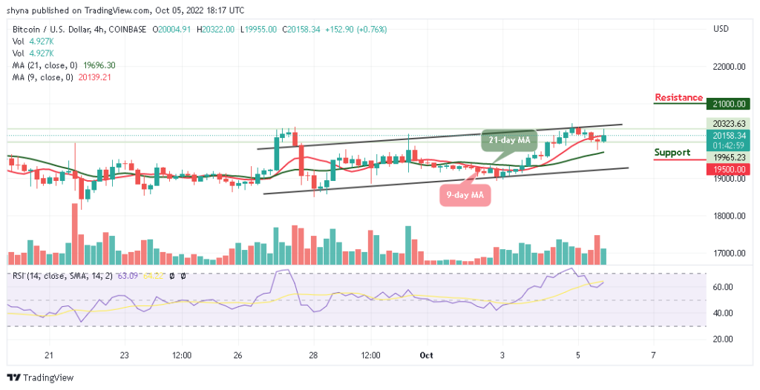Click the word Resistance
[x=678, y=98]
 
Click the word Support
[x=672, y=153]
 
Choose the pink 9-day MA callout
[x=465, y=195]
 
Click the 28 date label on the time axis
[x=314, y=355]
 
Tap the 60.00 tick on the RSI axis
[x=719, y=287]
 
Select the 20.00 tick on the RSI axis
[x=719, y=339]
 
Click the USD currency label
[x=721, y=29]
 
